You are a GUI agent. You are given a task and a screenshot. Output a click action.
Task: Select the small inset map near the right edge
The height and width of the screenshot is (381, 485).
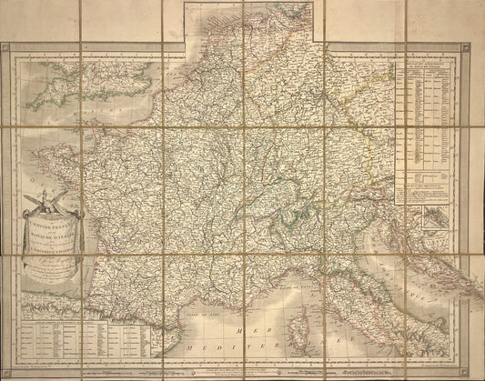422,218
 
